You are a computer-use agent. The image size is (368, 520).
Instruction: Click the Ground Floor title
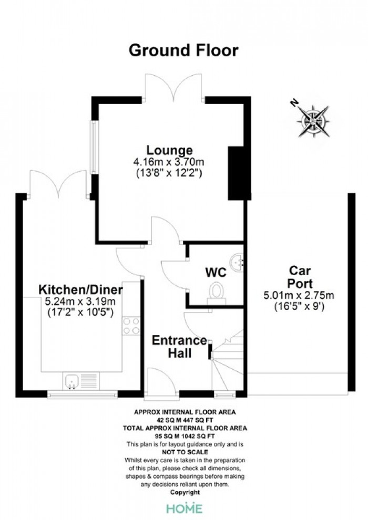(183, 50)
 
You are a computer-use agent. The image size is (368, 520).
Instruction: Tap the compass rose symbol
(313, 121)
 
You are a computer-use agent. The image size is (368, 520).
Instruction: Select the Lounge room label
(170, 150)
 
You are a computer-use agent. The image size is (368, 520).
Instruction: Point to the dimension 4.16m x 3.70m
(169, 162)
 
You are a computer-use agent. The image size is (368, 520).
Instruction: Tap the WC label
(216, 272)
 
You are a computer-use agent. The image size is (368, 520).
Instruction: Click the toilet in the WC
(217, 293)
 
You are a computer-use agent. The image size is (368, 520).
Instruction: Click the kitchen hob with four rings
(131, 326)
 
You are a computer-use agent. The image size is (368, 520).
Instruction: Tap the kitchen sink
(81, 381)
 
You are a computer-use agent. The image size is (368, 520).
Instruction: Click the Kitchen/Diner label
(80, 289)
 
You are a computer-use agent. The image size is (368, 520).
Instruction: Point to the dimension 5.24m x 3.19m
(80, 301)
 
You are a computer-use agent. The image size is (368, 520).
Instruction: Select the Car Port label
(300, 277)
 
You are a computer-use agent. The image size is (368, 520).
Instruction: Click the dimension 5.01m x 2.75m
(299, 295)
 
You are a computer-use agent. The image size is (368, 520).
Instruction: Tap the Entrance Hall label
(179, 347)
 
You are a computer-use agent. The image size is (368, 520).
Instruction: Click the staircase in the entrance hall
(228, 360)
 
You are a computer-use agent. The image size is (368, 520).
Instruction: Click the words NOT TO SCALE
(185, 452)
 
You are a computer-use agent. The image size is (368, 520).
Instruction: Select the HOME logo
(185, 508)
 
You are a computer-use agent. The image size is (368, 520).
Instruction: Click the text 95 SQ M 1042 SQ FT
(185, 436)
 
